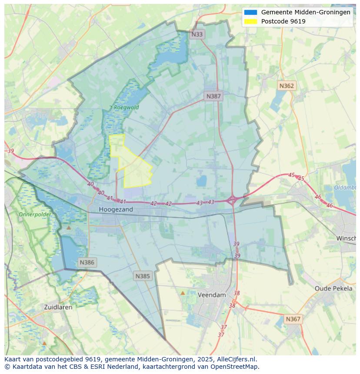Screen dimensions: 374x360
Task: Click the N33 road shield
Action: click(x=197, y=34)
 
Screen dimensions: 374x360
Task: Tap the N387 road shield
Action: click(x=213, y=96)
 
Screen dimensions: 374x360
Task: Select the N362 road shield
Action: click(x=287, y=86)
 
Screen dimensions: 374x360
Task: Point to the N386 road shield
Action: click(x=87, y=262)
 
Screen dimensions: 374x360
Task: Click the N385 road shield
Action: click(x=143, y=276)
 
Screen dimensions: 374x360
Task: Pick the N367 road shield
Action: click(x=293, y=319)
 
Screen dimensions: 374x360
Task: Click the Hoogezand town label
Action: click(x=116, y=209)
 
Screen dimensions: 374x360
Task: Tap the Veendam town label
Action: click(x=212, y=295)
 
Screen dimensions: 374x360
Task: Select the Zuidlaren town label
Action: click(x=58, y=307)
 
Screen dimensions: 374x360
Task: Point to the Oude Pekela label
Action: click(x=333, y=288)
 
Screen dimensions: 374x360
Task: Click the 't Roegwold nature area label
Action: click(x=124, y=107)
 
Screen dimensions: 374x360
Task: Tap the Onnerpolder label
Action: click(x=35, y=214)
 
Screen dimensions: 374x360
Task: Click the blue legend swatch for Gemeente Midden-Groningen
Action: click(x=250, y=13)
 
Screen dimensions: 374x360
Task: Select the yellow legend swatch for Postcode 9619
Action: click(x=250, y=21)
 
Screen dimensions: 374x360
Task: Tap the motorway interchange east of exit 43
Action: click(x=232, y=200)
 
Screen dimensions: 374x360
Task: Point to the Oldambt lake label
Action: click(x=345, y=188)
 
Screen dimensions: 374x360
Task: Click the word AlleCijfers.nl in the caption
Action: click(x=237, y=359)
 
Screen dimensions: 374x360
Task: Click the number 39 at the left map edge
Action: click(x=10, y=151)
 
